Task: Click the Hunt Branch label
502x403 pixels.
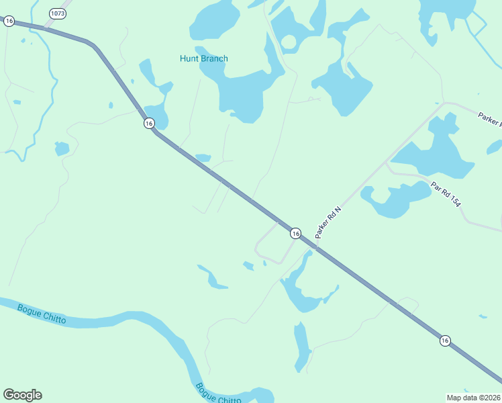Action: coord(203,58)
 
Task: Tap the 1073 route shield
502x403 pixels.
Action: coord(57,13)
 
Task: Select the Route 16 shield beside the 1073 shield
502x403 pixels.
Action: coord(9,21)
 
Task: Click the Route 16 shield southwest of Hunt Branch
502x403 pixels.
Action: coord(148,123)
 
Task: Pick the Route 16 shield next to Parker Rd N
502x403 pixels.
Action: coord(295,233)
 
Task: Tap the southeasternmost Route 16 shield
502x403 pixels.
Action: coord(445,341)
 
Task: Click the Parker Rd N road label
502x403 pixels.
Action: coord(329,222)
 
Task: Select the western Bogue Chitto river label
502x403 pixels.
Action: coord(42,314)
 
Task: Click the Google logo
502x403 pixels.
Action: coord(22,395)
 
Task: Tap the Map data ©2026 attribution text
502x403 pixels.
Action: coord(473,397)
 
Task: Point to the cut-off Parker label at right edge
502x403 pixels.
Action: coord(489,118)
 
